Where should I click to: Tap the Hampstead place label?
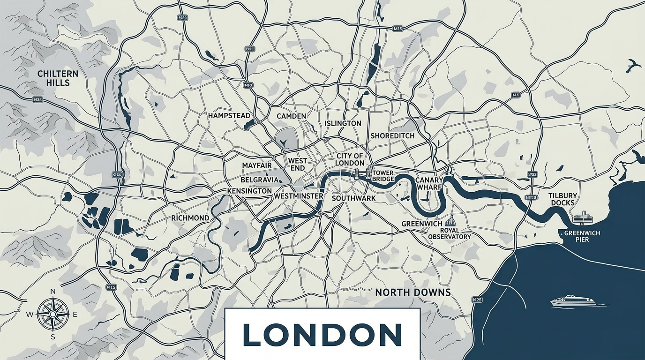tap(229, 115)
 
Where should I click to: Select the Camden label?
tap(291, 116)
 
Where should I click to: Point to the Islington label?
tap(343, 123)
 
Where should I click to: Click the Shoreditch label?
tap(392, 135)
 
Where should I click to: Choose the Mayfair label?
tap(257, 165)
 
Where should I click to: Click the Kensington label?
tap(249, 191)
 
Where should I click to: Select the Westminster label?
tap(299, 196)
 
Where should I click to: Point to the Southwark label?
tap(353, 198)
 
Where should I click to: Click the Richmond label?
tap(190, 218)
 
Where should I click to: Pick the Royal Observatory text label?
tap(449, 233)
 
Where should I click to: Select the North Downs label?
tap(412, 292)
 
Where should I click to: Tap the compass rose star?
tap(53, 314)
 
